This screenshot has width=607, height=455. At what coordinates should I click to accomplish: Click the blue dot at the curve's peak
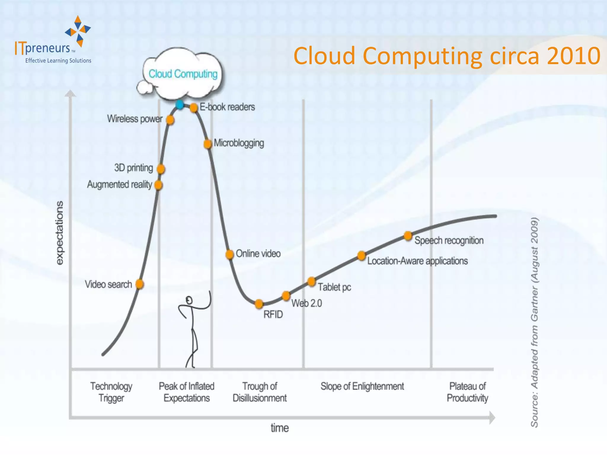click(x=179, y=105)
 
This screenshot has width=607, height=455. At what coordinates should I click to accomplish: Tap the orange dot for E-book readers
click(x=194, y=107)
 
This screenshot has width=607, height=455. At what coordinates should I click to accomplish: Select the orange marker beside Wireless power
click(x=170, y=120)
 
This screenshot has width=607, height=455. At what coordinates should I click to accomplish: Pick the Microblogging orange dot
click(x=208, y=144)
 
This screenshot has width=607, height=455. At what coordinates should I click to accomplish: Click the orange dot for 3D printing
click(x=161, y=169)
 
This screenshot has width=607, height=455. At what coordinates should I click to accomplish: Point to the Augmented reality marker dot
click(x=159, y=185)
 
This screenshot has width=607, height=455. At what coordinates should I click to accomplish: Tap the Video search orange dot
click(x=140, y=284)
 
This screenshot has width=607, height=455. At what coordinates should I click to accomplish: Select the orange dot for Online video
click(x=229, y=254)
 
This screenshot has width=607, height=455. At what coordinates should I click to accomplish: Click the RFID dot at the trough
click(x=259, y=304)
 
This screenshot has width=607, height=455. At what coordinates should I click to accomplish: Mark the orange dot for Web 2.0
click(x=286, y=296)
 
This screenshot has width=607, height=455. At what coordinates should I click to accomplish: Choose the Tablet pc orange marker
click(x=312, y=281)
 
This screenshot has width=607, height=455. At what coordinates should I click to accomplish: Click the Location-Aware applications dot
click(x=362, y=255)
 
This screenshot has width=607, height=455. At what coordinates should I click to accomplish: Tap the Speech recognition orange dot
click(x=408, y=236)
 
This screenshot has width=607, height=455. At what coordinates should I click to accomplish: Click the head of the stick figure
click(x=189, y=301)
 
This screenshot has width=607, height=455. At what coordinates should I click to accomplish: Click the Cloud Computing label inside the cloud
click(x=183, y=74)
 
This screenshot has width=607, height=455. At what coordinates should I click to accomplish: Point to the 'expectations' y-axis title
click(x=60, y=233)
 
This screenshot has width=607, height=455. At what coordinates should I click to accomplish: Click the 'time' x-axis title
click(x=279, y=428)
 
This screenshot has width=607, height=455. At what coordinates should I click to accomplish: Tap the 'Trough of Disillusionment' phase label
click(x=260, y=392)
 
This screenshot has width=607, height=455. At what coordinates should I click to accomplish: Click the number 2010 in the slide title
click(x=574, y=56)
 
